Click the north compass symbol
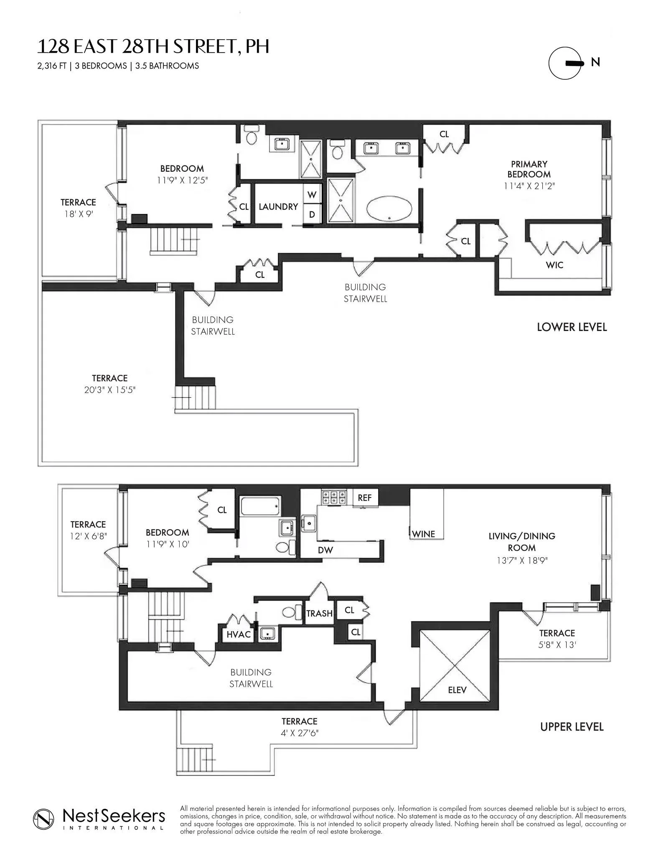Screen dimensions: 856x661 [x=565, y=63]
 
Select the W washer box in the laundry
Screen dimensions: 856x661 [x=312, y=195]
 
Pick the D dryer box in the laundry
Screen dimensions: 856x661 [x=312, y=215]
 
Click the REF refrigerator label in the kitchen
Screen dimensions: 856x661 [x=364, y=498]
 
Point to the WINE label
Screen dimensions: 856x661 [x=423, y=534]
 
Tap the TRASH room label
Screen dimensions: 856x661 [x=319, y=613]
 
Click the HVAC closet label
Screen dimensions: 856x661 [x=238, y=634]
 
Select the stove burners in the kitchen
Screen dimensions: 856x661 [x=333, y=497]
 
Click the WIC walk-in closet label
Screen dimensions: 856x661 [x=554, y=265]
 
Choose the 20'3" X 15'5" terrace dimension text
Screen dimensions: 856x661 [x=110, y=390]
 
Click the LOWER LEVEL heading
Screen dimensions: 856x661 [x=571, y=327]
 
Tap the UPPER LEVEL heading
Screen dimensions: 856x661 [x=571, y=727]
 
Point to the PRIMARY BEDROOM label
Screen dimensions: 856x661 [x=529, y=169]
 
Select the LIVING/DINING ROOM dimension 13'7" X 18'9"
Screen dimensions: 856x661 [x=521, y=560]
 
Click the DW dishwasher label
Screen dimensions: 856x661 [x=325, y=550]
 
